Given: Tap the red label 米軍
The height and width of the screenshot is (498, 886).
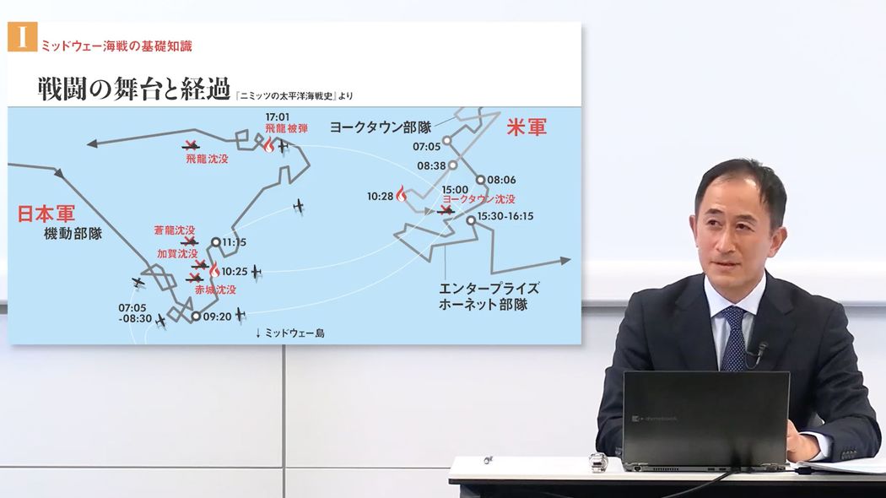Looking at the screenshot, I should (527, 127).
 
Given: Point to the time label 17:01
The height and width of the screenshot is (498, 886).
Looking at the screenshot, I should (278, 117).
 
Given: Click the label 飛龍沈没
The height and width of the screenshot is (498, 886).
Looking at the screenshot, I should (208, 158).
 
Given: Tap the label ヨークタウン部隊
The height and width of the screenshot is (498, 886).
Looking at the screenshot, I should (380, 127).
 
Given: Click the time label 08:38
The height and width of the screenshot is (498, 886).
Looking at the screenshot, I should (430, 165).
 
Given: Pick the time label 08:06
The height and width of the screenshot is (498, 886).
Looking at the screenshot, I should (501, 180).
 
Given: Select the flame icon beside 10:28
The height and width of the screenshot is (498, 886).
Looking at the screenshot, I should (401, 193).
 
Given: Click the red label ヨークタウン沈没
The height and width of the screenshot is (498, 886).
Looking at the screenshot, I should (478, 199).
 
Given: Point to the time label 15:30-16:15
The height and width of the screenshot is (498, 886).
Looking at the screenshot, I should (505, 216).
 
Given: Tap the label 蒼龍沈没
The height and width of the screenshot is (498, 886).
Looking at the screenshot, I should (175, 230).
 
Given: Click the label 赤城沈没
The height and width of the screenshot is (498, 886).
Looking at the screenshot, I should (214, 290).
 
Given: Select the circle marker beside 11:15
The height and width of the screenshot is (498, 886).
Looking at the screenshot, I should (216, 242).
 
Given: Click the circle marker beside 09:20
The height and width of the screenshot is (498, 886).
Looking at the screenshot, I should (195, 317).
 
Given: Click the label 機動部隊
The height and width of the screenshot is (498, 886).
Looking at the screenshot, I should (73, 234).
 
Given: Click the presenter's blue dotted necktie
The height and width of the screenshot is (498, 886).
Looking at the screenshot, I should (732, 338).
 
